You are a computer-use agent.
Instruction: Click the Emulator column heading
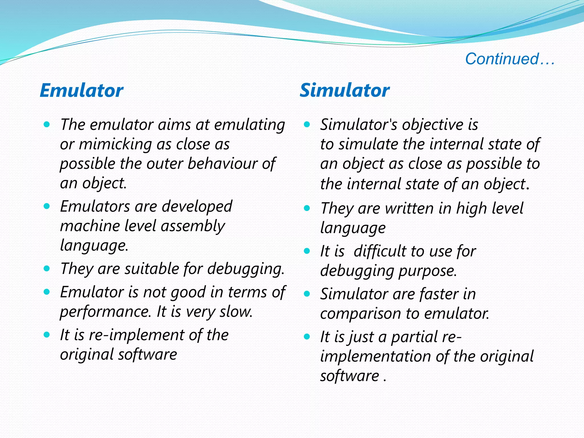click(x=81, y=90)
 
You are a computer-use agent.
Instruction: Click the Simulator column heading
click(x=344, y=90)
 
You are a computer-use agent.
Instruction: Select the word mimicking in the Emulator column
click(x=115, y=144)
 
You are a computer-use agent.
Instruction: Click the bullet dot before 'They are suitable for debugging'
click(x=47, y=269)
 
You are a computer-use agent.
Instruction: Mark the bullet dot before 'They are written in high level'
click(x=307, y=208)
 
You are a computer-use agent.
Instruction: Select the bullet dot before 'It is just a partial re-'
click(x=307, y=337)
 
